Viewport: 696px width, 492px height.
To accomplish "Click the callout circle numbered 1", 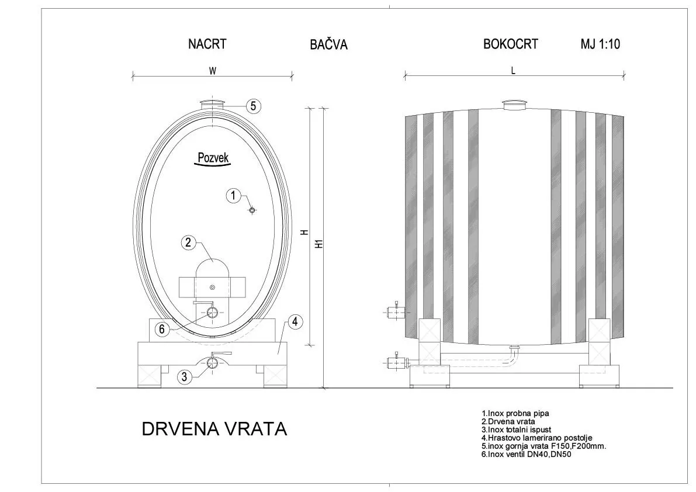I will point(233,196).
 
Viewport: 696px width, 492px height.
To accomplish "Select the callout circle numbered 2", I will point(188,242).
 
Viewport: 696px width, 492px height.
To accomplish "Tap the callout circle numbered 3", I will point(185,377).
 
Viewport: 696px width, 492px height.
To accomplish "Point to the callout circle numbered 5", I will point(253,106).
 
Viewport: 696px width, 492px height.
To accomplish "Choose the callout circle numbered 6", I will point(163,329).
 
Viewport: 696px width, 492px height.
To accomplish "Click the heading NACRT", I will point(207,44).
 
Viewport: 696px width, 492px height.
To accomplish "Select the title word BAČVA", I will point(328,45).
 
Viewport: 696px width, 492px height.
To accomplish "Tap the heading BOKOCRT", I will point(510,44).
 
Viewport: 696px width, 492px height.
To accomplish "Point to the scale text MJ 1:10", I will point(600,44).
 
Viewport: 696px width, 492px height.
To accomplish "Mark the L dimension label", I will point(513,70).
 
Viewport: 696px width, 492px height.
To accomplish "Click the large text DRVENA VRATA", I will point(214,429).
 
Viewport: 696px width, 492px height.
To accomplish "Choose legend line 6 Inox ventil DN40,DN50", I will point(526,454).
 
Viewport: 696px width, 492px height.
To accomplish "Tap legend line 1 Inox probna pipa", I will point(515,413).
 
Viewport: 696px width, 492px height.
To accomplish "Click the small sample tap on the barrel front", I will point(252,211).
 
